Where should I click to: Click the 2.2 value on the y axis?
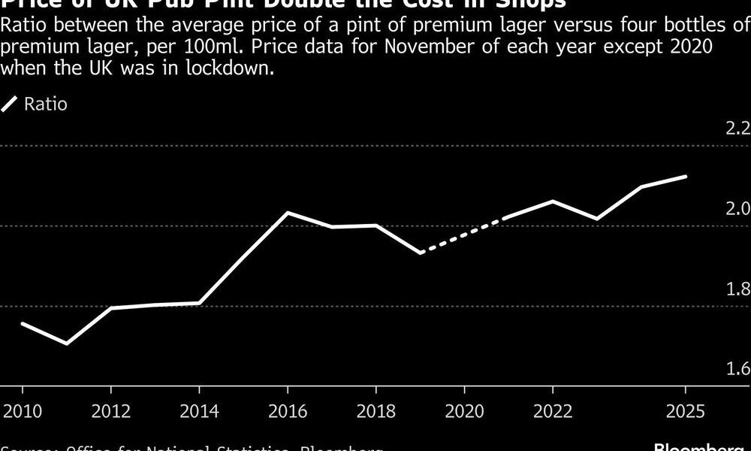[x=737, y=127]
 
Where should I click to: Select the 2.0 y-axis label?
[x=737, y=207]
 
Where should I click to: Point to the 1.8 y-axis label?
[x=737, y=289]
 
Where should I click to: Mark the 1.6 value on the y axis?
[x=737, y=368]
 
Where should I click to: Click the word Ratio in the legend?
[x=46, y=104]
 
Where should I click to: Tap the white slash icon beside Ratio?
[x=10, y=104]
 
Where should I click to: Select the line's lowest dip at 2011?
[x=67, y=344]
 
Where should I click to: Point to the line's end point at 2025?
[x=685, y=177]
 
